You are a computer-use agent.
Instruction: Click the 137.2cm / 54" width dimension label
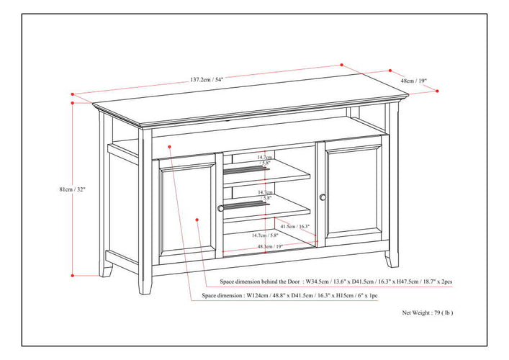point(207,79)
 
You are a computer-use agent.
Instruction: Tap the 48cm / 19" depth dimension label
point(413,81)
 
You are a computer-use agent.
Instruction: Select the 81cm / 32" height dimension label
point(72,189)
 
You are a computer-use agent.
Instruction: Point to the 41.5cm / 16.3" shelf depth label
point(295,226)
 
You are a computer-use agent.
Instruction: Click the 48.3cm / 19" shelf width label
point(270,246)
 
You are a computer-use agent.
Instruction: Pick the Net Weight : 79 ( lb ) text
point(428,312)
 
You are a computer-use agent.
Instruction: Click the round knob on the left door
point(221,208)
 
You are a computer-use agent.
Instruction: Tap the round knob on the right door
point(323,197)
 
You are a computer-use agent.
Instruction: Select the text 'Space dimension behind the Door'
point(260,282)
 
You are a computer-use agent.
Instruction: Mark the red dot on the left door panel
point(197,220)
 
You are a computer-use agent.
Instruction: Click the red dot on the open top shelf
point(169,147)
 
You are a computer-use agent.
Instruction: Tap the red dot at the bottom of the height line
point(73,276)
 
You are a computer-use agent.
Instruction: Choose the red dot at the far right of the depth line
point(437,91)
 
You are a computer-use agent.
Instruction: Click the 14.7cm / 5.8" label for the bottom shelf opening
point(265,235)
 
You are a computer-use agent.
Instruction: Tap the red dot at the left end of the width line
point(73,94)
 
